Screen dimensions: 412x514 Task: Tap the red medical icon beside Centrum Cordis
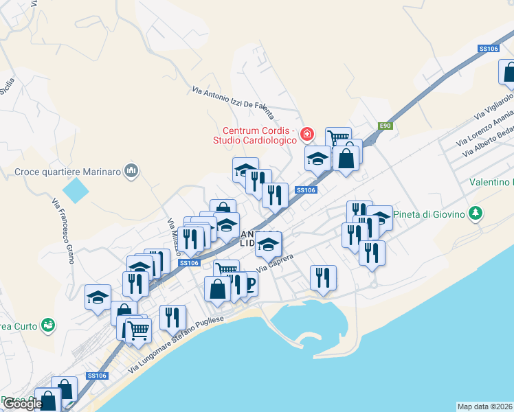pos(307,133)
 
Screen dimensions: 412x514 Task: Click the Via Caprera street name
pos(275,262)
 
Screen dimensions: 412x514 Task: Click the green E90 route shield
pos(386,126)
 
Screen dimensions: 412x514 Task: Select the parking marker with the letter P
pos(249,282)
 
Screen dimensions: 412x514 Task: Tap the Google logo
pos(23,404)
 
